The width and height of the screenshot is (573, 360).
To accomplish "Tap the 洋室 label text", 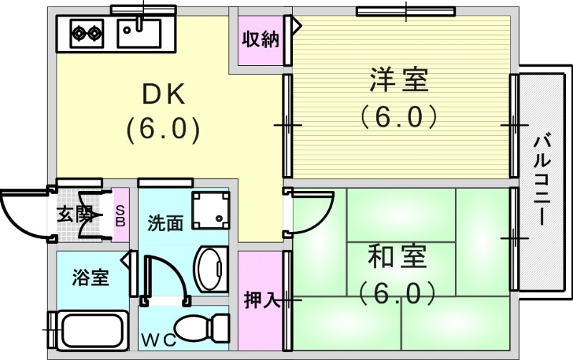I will tap(399, 79).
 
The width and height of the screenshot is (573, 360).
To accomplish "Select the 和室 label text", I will tap(398, 256).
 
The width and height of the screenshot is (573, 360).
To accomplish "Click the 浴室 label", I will tap(91, 277).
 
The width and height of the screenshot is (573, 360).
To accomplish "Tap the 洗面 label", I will tap(165, 223).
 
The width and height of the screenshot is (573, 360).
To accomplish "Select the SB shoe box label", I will tap(120, 214).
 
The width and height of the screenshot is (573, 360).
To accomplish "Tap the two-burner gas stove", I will tap(87, 31).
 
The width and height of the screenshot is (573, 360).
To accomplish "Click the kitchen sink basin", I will tap(140, 31).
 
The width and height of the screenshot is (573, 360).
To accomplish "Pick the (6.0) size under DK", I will tap(163, 129).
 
